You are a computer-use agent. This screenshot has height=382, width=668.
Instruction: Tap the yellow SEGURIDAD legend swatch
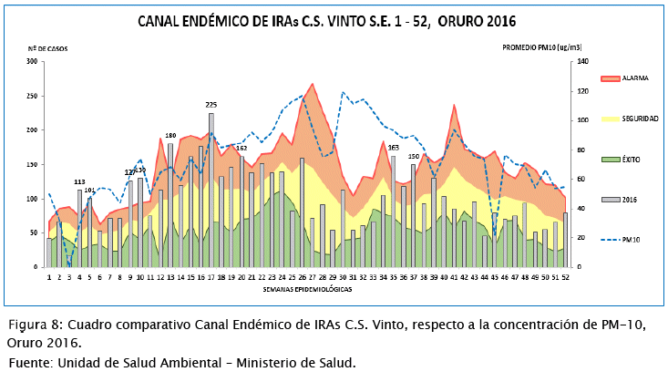tap(610, 119)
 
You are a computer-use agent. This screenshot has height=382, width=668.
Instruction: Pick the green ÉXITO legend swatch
tap(610, 159)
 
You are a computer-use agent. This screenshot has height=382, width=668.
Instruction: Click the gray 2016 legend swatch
tap(610, 199)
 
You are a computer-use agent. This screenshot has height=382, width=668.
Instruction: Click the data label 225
tap(211, 105)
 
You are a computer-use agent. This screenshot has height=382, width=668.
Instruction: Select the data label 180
tap(170, 136)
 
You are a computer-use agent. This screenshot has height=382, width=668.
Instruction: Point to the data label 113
tap(80, 181)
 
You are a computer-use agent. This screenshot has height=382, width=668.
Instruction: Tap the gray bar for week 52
tap(565, 240)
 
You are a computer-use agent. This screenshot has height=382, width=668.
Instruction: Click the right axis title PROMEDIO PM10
tap(542, 46)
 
